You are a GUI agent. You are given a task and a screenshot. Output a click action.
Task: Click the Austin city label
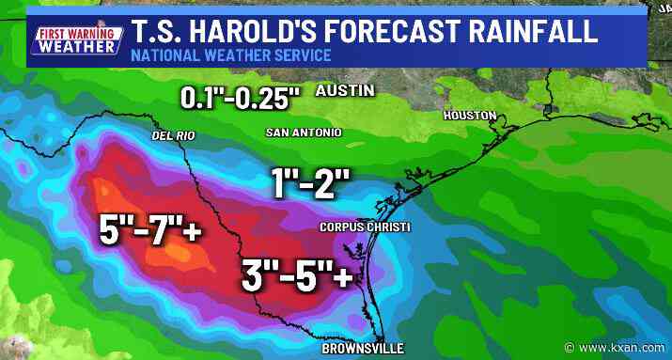pyautogui.click(x=344, y=91)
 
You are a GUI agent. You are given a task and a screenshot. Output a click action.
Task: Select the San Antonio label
pyautogui.click(x=304, y=133)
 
